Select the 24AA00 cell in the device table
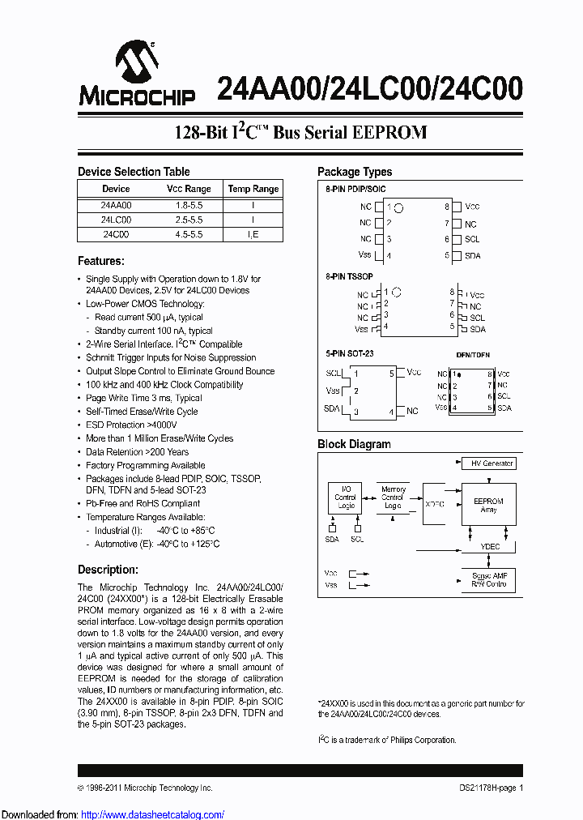(116, 206)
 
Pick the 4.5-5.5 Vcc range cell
(189, 234)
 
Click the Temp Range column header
(253, 189)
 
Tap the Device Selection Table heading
(134, 172)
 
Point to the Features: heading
(101, 261)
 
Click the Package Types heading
(355, 172)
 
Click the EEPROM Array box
(488, 505)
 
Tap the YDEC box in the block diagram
(490, 547)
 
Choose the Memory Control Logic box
(393, 498)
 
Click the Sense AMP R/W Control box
(488, 579)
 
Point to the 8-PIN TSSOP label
(349, 277)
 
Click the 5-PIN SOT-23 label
(350, 355)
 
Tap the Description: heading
(108, 570)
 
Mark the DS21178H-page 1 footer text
(486, 788)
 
